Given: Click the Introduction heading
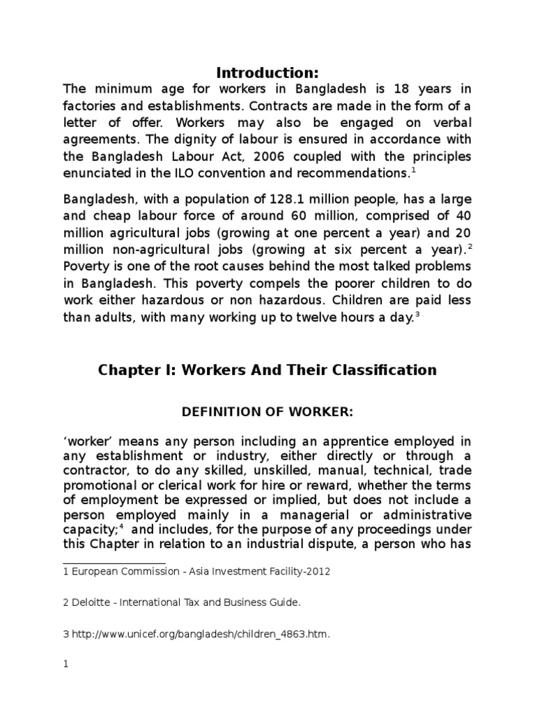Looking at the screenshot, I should click(x=267, y=73).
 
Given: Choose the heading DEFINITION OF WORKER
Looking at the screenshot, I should click(x=267, y=413).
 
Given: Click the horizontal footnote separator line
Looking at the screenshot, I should click(x=114, y=562).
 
